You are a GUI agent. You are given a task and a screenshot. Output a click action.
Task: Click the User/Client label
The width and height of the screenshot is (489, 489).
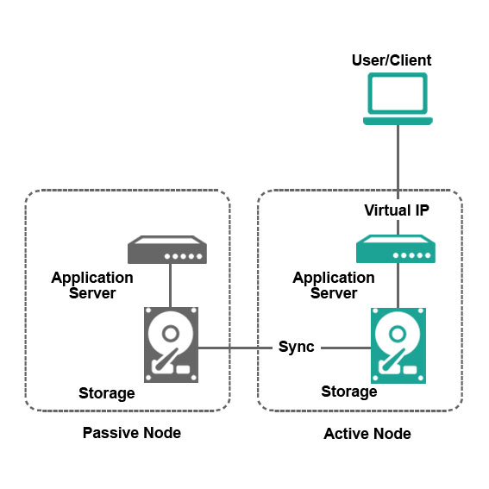click(392, 60)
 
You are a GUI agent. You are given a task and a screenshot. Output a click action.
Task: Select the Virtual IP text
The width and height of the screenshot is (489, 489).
click(397, 210)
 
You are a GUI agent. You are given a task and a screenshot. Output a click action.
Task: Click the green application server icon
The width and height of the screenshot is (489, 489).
click(397, 250)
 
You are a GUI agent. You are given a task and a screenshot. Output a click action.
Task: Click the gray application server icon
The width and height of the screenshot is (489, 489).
click(168, 250)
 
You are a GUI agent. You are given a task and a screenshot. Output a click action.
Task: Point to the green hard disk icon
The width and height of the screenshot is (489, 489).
click(398, 343)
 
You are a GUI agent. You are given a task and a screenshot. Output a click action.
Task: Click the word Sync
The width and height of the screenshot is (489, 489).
click(297, 348)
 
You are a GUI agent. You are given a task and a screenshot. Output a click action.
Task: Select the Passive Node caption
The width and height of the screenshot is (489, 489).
click(131, 432)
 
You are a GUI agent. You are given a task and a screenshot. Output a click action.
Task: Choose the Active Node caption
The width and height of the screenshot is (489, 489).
click(367, 433)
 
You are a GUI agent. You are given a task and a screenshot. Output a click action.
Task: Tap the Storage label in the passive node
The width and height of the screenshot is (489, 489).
click(107, 393)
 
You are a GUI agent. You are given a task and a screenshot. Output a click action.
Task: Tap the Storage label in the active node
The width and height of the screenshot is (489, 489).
click(349, 392)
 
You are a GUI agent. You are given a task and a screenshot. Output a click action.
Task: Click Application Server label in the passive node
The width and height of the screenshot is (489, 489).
click(92, 285)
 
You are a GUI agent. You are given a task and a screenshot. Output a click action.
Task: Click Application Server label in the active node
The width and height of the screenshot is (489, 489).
click(334, 285)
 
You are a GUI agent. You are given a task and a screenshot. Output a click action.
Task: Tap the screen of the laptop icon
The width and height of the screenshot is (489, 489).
click(397, 93)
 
